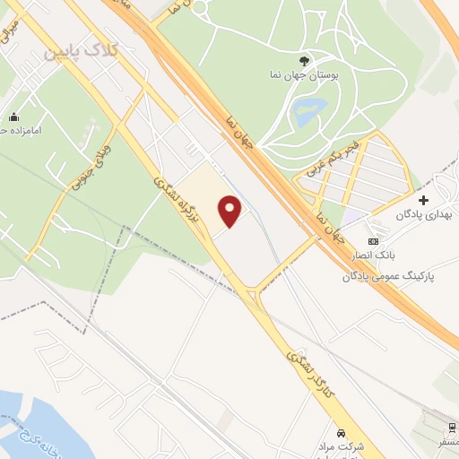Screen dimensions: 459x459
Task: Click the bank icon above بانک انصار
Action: pyautogui.click(x=374, y=242)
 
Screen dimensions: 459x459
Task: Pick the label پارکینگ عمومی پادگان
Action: pyautogui.click(x=387, y=276)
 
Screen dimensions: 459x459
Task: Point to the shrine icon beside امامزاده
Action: pyautogui.click(x=14, y=117)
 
